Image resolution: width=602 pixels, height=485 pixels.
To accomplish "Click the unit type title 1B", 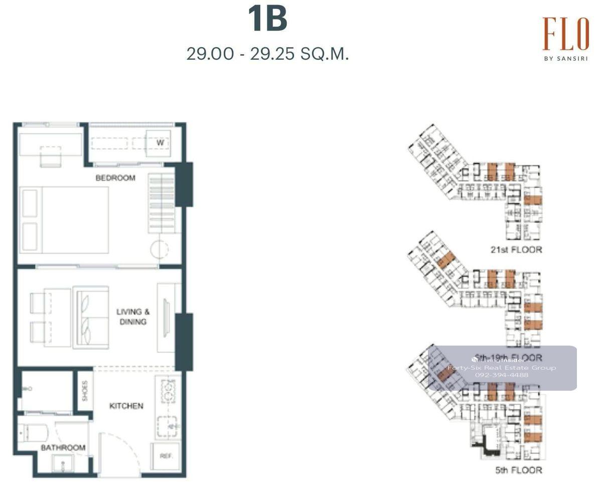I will click(x=267, y=19).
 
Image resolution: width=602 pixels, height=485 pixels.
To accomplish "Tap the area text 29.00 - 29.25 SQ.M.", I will click(x=267, y=54).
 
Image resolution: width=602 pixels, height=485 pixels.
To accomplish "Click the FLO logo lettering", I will click(x=565, y=34).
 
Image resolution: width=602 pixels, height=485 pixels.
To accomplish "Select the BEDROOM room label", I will click(x=115, y=178).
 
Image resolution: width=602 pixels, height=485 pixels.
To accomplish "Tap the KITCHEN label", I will click(x=126, y=406).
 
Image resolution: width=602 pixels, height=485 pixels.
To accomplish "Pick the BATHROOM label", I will click(x=63, y=447).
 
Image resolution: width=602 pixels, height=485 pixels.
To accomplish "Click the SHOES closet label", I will click(x=84, y=391).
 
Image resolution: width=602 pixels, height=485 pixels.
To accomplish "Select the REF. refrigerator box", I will click(x=166, y=456).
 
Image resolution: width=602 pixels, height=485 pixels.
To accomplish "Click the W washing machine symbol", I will click(x=160, y=143).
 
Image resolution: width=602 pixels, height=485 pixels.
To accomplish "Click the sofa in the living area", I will click(x=91, y=317).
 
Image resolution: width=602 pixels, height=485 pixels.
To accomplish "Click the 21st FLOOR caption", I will click(x=516, y=249).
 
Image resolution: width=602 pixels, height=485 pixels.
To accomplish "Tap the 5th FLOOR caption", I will click(x=518, y=470).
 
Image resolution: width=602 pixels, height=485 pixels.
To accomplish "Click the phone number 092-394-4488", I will click(x=502, y=375).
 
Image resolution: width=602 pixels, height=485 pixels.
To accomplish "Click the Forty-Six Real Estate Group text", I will click(x=502, y=368).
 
